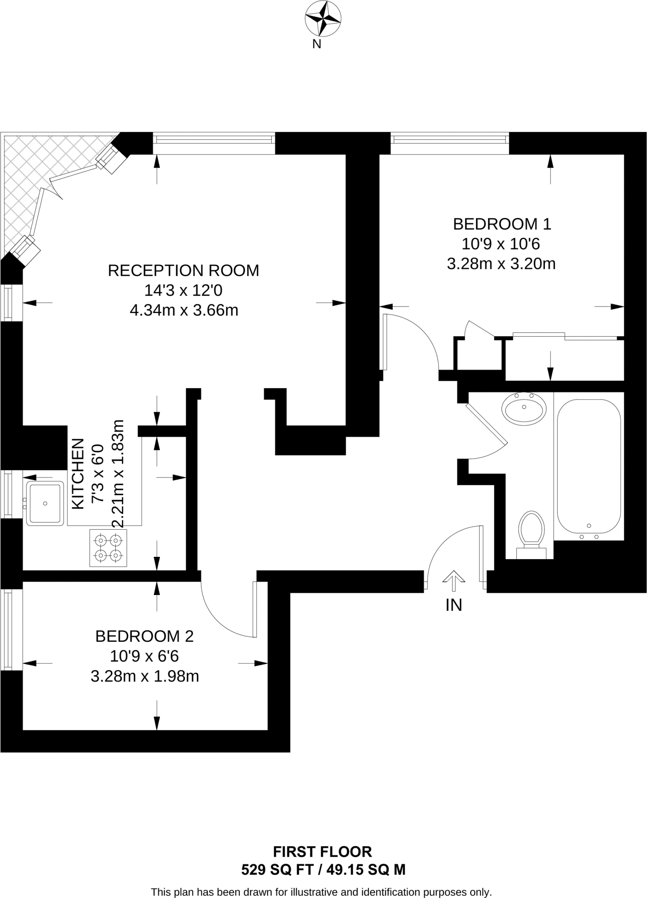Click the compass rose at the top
(x=323, y=18)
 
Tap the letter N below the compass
(x=316, y=44)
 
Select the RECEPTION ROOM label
(x=183, y=271)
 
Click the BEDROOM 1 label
(x=502, y=224)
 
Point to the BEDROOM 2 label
(x=144, y=636)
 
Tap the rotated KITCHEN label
(x=78, y=474)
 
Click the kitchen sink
(x=45, y=503)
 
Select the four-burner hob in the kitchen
(x=108, y=548)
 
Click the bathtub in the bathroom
(x=589, y=467)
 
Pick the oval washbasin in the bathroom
(x=524, y=408)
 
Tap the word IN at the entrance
(x=454, y=606)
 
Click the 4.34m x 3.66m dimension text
(x=184, y=310)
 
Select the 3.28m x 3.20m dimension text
(x=501, y=264)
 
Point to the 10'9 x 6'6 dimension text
(x=144, y=656)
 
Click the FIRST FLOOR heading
(x=323, y=852)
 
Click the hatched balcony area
(x=39, y=175)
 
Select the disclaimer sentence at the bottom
(x=321, y=892)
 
